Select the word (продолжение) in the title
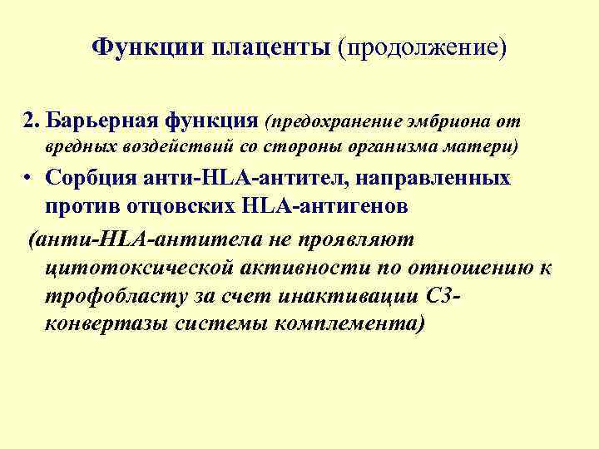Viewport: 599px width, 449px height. (x=422, y=48)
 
